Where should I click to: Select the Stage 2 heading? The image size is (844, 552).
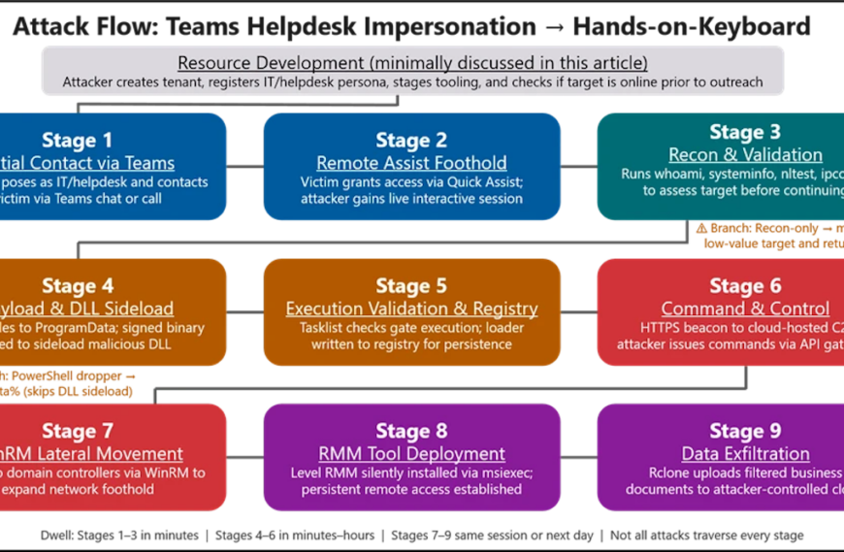(411, 141)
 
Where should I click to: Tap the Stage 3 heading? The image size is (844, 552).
(745, 133)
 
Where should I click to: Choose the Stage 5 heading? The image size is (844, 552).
(411, 286)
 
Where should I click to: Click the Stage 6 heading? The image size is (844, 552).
(745, 286)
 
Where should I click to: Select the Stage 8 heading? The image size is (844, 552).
(411, 432)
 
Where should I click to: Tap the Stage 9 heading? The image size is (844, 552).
(745, 432)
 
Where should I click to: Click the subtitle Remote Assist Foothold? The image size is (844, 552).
(411, 163)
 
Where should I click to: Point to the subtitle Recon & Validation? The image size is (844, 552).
(745, 155)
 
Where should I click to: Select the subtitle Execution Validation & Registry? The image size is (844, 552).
(411, 308)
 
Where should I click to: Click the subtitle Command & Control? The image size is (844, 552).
(745, 308)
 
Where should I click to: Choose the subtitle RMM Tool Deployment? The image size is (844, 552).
(411, 454)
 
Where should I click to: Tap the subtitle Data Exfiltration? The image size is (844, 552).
(745, 454)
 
